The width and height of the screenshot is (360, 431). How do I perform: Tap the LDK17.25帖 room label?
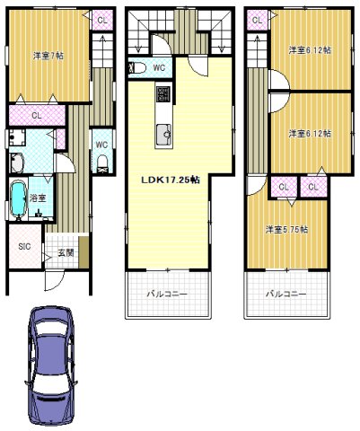[x=171, y=180]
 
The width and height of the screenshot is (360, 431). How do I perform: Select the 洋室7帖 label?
[x=48, y=56]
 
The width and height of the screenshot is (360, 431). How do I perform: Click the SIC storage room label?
[x=24, y=246]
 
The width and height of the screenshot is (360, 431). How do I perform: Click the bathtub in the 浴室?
[x=19, y=199]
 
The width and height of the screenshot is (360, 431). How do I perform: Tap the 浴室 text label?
[x=38, y=198]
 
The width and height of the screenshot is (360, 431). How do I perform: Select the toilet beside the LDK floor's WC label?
[x=137, y=68]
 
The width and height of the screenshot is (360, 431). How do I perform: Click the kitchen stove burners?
[x=163, y=94]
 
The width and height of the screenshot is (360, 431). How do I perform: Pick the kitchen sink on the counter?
[x=163, y=135]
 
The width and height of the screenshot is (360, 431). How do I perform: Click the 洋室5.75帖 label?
[x=286, y=229]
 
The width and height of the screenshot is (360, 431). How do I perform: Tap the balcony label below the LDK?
[x=167, y=294]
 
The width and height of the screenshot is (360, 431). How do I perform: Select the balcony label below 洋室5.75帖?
[x=286, y=294]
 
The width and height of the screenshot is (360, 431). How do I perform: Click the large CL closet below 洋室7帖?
[x=37, y=116]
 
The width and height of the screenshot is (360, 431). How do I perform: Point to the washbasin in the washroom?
[x=17, y=163]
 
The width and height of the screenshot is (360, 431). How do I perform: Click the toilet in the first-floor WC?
[x=102, y=164]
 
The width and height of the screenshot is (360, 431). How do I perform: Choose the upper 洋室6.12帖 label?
[x=310, y=50]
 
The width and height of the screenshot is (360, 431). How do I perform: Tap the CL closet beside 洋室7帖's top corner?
[x=102, y=21]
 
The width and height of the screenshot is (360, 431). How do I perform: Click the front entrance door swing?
[x=54, y=280]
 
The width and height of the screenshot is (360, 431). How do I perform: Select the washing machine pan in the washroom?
[x=17, y=137]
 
